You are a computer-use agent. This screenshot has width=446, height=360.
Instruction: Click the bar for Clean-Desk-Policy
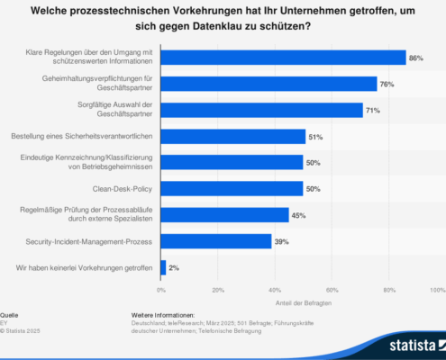click(x=232, y=188)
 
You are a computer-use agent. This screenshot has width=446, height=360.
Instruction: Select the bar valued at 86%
click(x=283, y=58)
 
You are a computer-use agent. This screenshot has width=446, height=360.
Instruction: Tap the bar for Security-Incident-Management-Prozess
click(x=216, y=241)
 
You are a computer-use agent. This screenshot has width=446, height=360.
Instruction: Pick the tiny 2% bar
click(x=163, y=267)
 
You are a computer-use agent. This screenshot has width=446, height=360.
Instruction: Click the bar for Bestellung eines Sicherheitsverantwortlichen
click(x=233, y=136)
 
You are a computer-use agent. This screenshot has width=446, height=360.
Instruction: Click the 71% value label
click(x=373, y=110)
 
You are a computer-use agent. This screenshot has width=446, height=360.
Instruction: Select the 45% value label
click(x=299, y=215)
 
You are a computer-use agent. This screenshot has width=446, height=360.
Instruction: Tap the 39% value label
click(x=282, y=241)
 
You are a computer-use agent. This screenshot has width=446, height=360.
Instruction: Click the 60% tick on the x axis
click(x=332, y=291)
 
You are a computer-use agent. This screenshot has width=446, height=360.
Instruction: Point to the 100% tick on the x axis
click(x=438, y=291)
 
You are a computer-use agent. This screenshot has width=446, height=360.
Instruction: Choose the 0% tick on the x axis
click(x=161, y=291)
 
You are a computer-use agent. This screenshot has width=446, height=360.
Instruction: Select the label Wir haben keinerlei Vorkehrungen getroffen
click(x=81, y=267)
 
